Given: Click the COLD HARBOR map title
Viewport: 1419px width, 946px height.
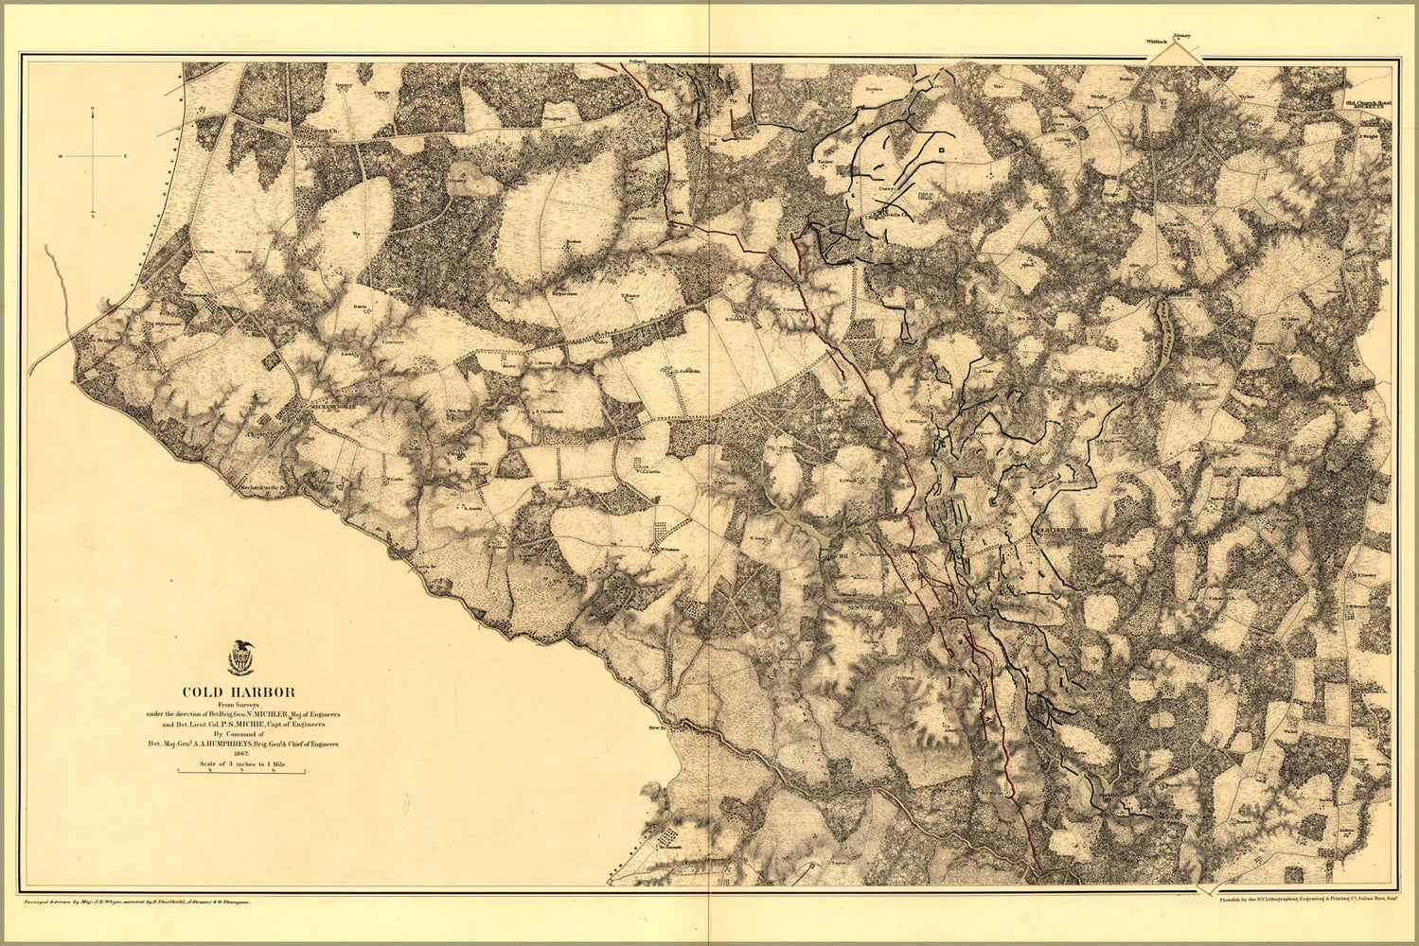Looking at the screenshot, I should pos(239,692).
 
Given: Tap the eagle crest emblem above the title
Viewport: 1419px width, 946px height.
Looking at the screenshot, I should pos(241,658).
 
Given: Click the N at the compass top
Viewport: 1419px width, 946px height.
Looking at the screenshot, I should pos(92,112).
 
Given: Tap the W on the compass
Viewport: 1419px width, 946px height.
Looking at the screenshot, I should pos(60,155).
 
